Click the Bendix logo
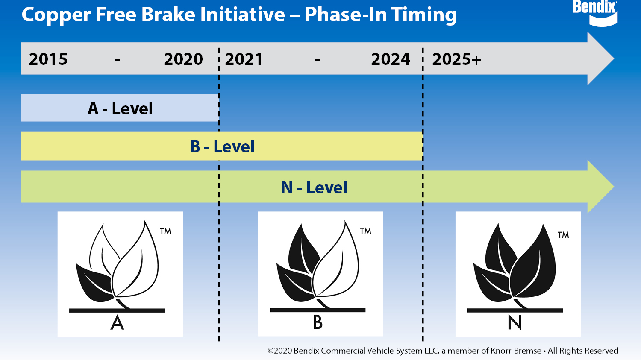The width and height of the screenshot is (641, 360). coord(595,13)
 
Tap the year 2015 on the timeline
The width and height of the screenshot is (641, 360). coord(48,59)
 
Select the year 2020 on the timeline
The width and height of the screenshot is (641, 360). coord(183,59)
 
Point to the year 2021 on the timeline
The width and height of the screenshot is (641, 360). coord(244,59)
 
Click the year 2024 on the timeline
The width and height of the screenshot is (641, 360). coord(390,59)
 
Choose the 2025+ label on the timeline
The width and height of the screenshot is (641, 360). coord(457,59)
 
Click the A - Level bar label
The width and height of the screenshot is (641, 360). coord(120,108)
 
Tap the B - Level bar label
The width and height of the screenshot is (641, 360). coord(222,146)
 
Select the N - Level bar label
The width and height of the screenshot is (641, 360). coord(314,187)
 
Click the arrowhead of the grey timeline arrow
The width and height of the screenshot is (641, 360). coord(600,59)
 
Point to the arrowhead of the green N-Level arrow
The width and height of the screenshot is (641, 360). coord(600,187)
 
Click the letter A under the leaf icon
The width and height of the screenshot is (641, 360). coord(117,323)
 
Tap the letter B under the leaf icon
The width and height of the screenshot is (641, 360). coord(318,322)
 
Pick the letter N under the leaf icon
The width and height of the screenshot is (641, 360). coord(515,322)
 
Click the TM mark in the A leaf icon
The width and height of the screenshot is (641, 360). coord(165,231)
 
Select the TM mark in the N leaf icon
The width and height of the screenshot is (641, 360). coord(563,235)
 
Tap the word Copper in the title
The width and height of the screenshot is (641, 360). coord(56,15)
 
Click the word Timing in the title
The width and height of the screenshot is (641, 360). coord(424,15)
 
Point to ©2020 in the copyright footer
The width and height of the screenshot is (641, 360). coord(279,351)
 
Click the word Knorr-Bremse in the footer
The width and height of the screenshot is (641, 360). coord(516,351)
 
